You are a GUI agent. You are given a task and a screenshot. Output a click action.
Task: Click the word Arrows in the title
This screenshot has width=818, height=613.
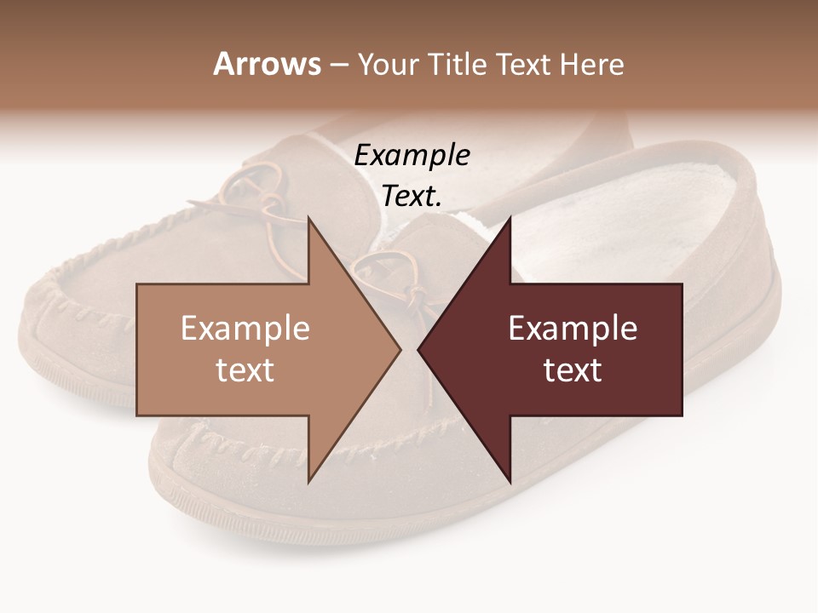click(267, 64)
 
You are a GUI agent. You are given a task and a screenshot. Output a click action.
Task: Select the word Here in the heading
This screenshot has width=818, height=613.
click(591, 64)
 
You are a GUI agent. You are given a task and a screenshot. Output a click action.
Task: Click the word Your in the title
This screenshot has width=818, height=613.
click(390, 64)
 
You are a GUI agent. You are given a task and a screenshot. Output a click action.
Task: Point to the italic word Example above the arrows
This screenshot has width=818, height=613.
click(412, 156)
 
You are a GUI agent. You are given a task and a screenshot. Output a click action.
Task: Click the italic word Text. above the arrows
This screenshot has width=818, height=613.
click(412, 197)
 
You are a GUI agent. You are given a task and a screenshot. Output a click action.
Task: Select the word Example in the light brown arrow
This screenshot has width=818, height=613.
click(245, 329)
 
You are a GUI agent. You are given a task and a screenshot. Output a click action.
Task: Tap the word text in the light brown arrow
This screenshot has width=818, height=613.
click(245, 370)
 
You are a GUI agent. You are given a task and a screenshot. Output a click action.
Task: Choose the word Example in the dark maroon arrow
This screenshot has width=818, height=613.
click(573, 329)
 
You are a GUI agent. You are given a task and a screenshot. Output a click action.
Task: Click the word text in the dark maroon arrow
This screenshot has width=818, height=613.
click(573, 370)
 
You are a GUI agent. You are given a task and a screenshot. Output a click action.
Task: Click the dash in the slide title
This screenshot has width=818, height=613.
click(338, 65)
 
